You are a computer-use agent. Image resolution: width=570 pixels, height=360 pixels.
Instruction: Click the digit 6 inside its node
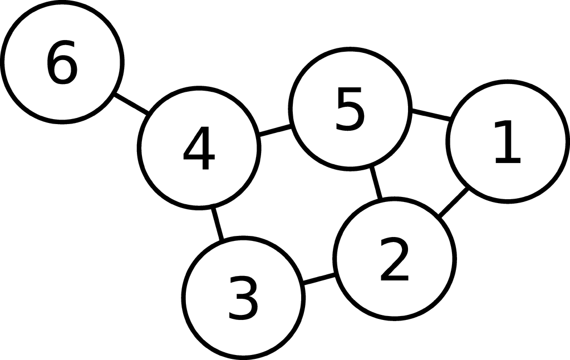[62, 62]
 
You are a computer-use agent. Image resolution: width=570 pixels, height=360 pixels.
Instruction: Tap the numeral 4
[199, 148]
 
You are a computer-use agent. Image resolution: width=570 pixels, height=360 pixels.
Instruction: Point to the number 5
[350, 109]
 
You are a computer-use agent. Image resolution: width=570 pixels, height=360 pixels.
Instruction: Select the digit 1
[508, 142]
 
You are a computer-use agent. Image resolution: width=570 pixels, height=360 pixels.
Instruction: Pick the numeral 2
[395, 259]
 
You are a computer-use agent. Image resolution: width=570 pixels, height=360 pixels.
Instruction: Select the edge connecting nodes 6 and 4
[131, 104]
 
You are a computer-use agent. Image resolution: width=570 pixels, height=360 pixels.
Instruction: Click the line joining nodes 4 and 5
[276, 130]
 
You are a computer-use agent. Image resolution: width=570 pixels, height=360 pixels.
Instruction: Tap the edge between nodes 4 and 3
[217, 224]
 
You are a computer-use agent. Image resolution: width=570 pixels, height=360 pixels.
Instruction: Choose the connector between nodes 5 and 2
[376, 183]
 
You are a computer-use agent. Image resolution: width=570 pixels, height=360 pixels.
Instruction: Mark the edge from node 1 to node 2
[453, 202]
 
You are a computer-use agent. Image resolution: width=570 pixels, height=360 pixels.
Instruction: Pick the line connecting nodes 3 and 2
[319, 279]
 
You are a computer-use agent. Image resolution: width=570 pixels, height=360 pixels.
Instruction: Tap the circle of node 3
[243, 238]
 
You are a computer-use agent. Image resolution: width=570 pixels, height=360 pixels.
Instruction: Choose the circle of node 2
[395, 199]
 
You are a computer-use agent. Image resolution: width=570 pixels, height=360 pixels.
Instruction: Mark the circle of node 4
[199, 88]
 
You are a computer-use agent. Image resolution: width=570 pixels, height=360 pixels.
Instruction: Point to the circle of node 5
[350, 48]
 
